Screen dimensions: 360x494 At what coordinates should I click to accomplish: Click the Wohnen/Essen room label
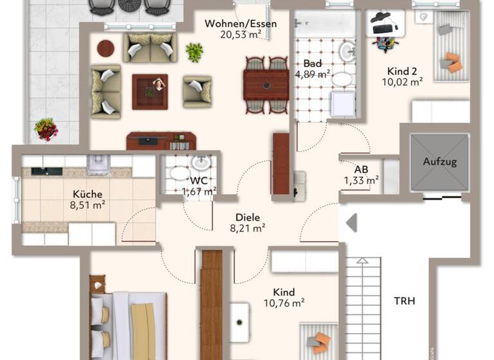point(241,24)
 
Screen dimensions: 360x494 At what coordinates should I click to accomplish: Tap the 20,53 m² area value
point(241,35)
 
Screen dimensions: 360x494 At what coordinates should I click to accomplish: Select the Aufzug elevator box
point(439,162)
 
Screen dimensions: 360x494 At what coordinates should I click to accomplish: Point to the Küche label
point(87,194)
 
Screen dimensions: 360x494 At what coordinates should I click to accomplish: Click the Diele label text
point(248,217)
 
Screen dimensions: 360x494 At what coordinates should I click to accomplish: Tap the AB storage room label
point(361,170)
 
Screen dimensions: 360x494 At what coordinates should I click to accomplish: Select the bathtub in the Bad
point(324,24)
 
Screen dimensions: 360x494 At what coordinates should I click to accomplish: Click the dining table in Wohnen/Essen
point(266,82)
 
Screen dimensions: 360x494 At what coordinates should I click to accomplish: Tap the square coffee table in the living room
point(150,91)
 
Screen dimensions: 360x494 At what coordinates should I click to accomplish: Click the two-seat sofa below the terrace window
point(150,48)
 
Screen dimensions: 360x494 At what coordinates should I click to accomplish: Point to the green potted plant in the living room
point(194,51)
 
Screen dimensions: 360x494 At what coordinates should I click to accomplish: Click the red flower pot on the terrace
point(46,129)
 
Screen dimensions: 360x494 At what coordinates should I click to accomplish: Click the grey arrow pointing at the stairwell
point(351,223)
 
